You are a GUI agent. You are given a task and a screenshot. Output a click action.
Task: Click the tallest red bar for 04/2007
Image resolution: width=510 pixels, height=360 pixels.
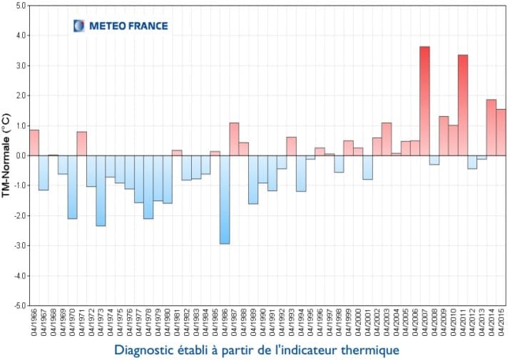point(424,101)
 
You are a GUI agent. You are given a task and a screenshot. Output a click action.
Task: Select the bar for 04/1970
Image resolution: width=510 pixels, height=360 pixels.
point(72,187)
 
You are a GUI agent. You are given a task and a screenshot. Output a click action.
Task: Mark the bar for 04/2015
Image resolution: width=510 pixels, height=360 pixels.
point(501,132)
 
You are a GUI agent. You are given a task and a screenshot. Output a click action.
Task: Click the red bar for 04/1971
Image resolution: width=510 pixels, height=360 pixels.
point(81,143)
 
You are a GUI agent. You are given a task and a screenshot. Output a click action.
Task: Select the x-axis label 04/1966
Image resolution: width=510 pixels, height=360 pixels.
point(34,324)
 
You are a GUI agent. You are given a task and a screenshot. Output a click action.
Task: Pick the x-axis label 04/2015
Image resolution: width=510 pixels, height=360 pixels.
point(501,324)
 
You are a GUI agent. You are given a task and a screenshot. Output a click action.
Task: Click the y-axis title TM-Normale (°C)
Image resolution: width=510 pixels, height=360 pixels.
point(6,155)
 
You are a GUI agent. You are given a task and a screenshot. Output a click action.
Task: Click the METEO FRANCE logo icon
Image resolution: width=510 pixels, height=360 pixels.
point(78,26)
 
